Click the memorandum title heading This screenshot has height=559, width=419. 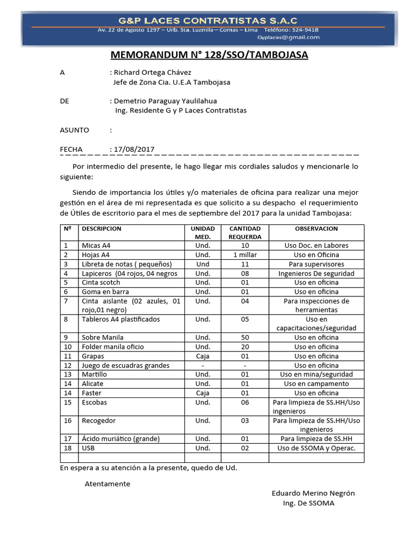(x=209, y=55)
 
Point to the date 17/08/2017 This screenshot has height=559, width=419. (x=134, y=149)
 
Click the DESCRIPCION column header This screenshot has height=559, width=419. (x=101, y=229)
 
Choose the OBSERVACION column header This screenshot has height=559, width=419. (x=316, y=229)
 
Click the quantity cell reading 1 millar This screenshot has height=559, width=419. (x=245, y=255)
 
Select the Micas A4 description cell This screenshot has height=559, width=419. (x=96, y=246)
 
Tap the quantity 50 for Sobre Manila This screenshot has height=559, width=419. (x=245, y=337)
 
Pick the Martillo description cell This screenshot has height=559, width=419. (x=94, y=374)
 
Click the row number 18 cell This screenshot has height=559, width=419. (x=68, y=448)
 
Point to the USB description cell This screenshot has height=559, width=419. (x=89, y=448)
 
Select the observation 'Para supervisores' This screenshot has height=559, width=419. (x=316, y=264)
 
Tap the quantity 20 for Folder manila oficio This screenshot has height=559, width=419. (x=245, y=347)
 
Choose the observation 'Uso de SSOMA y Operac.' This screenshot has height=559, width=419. (x=316, y=448)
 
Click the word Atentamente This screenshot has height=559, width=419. (x=107, y=484)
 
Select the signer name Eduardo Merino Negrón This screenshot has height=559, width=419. (x=313, y=493)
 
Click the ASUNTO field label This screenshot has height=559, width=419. (x=74, y=130)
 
